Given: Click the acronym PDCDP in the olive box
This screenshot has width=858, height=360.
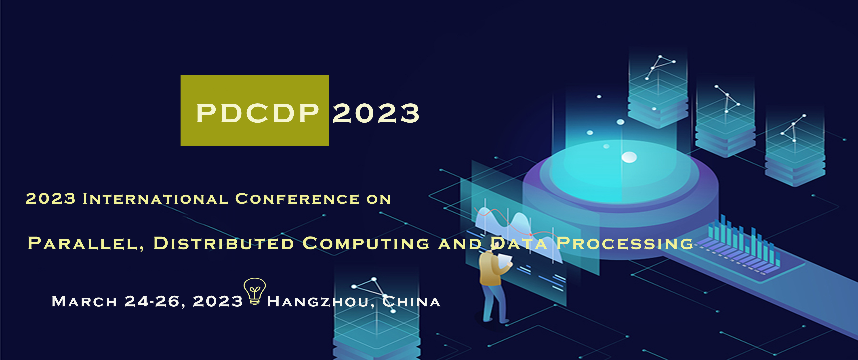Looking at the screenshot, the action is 257,113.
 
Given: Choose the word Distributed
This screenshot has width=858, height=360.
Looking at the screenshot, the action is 224,243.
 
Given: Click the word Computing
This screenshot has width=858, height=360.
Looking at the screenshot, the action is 366,243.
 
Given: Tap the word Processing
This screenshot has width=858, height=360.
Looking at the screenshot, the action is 625,243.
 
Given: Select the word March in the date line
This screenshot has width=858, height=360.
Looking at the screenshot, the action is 84,301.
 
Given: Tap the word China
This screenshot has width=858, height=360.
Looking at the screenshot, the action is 412,301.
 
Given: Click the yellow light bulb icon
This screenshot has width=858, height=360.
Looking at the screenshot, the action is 255,291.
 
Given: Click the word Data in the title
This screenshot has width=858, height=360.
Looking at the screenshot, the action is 519,243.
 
